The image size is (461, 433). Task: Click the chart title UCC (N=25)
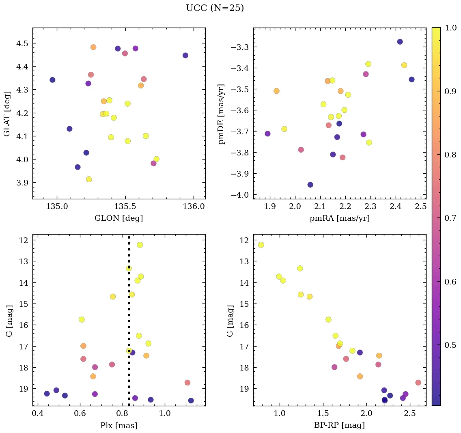[x=215, y=8]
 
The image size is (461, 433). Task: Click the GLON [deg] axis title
[x=118, y=218]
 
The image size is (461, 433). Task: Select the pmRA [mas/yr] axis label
[x=339, y=218]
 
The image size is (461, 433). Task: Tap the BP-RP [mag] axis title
[x=339, y=425]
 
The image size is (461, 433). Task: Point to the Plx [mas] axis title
[x=118, y=425]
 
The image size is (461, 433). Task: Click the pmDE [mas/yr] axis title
[x=221, y=114]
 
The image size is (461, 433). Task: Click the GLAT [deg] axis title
[x=7, y=114]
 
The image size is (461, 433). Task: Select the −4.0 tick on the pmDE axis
[x=239, y=195]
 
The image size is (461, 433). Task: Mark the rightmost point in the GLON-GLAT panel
[x=185, y=55]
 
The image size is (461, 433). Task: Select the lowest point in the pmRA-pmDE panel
[x=310, y=185]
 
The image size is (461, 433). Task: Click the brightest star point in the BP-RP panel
[x=261, y=245]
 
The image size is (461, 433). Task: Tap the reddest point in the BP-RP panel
[x=418, y=383]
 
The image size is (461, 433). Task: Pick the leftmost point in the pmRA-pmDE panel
[x=267, y=134]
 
